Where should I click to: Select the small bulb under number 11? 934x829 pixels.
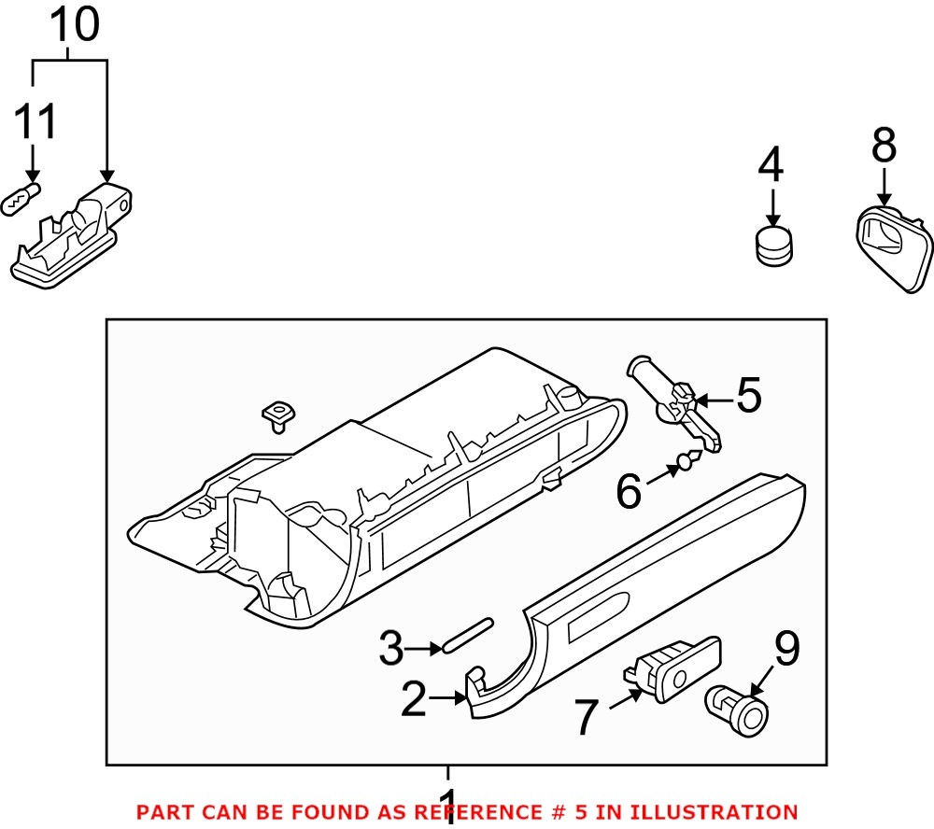point(21,199)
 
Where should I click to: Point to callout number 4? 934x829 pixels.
point(771,166)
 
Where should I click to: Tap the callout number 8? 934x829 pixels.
point(884,148)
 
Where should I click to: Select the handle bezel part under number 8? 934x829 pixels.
point(895,246)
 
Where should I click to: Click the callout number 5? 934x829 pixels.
point(749,397)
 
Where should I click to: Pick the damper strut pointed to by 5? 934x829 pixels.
point(675,401)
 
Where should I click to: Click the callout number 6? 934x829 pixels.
point(629,491)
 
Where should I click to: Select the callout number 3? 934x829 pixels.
point(393,648)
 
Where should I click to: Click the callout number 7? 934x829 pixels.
point(586,719)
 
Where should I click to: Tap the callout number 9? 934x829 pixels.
point(786,650)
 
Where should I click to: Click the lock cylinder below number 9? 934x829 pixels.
point(739,709)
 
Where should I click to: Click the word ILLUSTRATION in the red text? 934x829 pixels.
point(721,812)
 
